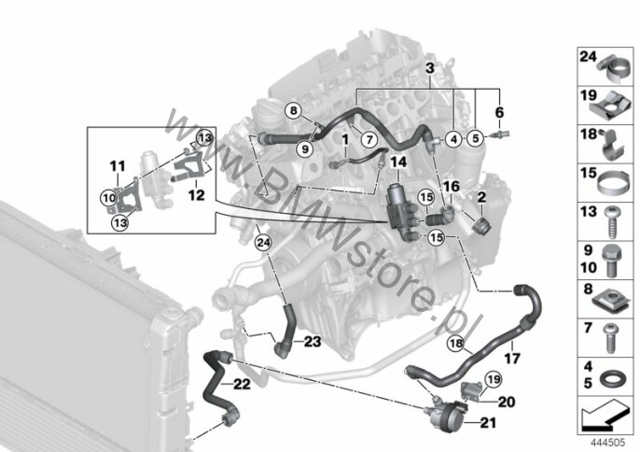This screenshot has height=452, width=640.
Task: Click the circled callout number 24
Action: point(263,243)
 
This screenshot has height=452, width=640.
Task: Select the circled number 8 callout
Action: point(293,110)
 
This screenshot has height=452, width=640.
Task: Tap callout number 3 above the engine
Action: point(430,68)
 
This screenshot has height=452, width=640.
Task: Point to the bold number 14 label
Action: point(398,162)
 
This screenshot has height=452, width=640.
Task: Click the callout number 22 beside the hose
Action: point(242,384)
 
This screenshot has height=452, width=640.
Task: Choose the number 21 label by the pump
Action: point(488,422)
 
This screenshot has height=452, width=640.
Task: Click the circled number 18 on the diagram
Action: point(456,344)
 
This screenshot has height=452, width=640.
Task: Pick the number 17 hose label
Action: point(512,359)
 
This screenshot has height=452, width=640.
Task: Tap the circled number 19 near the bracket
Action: point(494,379)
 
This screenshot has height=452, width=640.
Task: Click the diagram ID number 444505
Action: point(608,443)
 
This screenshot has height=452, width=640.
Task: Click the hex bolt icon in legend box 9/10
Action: point(610,260)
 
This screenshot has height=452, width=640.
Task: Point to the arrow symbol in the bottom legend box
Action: point(605,416)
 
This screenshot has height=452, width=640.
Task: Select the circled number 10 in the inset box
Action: point(109,199)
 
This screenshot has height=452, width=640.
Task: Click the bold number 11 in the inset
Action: point(118,166)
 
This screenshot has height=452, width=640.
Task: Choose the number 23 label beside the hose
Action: point(313,341)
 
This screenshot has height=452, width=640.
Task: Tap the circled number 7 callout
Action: point(369,140)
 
